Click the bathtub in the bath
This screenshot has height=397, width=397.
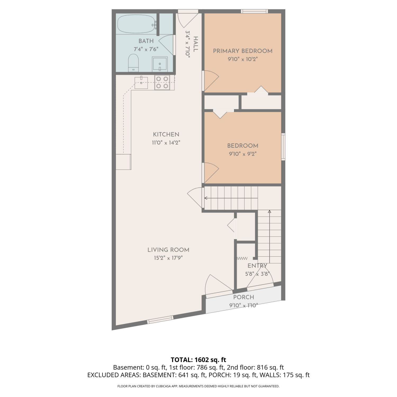tap(137, 24)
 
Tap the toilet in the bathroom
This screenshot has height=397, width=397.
tap(133, 63)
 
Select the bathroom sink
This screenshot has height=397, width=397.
tap(160, 64)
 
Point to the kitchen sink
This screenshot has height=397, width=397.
tap(141, 83)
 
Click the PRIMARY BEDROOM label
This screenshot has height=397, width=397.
tap(243, 51)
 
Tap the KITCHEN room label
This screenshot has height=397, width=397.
tap(166, 134)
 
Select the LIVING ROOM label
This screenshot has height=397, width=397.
tap(168, 250)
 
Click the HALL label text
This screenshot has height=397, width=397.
tap(196, 44)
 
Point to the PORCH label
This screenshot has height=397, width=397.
tap(243, 297)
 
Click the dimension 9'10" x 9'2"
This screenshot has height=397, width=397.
tap(243, 154)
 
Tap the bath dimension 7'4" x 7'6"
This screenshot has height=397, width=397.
tap(146, 49)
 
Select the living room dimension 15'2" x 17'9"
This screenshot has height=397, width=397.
tap(168, 258)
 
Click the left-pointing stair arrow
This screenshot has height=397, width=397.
tap(231, 198)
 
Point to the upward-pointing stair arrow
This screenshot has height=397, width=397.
tap(269, 236)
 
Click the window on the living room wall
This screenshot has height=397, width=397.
tap(160, 320)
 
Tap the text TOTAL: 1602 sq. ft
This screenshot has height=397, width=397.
tap(198, 360)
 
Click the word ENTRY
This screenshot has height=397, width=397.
tap(257, 266)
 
